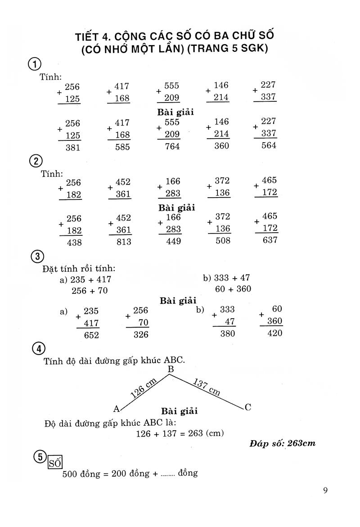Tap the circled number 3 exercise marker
pos(38,257)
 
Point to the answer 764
pos(172,146)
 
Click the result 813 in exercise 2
pos(123,242)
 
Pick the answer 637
pos(270,240)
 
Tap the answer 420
pos(274,333)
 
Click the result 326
pos(140,334)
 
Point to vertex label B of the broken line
pos(171,369)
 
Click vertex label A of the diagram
pos(117,409)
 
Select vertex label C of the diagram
pos(247,407)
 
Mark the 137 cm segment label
pos(207,387)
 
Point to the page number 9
pos(325,490)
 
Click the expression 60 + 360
pos(233,289)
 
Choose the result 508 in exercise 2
pos(222,240)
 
